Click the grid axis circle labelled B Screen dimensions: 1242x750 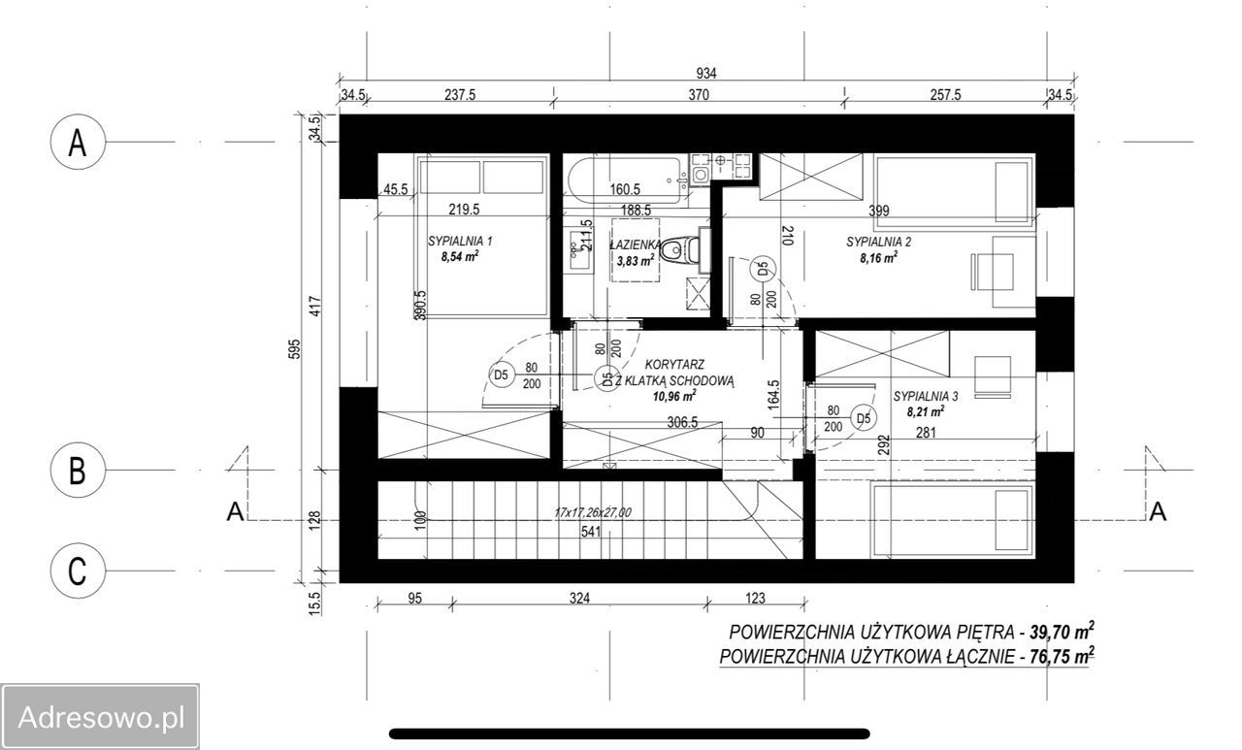(78, 470)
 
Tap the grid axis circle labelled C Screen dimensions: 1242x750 (78, 571)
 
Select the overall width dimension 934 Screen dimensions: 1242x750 (705, 73)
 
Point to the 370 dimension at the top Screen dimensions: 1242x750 (699, 95)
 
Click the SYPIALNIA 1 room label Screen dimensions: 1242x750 (460, 242)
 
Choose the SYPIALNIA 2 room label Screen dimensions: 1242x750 (878, 242)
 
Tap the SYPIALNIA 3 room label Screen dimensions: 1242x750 (926, 396)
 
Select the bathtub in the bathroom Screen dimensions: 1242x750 (624, 180)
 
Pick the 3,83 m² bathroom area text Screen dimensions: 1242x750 (635, 260)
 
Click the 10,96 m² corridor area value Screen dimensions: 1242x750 (674, 396)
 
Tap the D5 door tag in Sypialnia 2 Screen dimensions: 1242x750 (763, 270)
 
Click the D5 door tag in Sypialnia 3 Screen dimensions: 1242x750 (864, 418)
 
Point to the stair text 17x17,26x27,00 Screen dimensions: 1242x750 (593, 512)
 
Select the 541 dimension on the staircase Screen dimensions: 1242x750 (591, 531)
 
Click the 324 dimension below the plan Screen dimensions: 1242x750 (579, 598)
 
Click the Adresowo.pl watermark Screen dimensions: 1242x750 (101, 718)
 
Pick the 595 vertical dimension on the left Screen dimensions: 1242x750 (295, 348)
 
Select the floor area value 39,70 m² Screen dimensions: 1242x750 (1062, 631)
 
